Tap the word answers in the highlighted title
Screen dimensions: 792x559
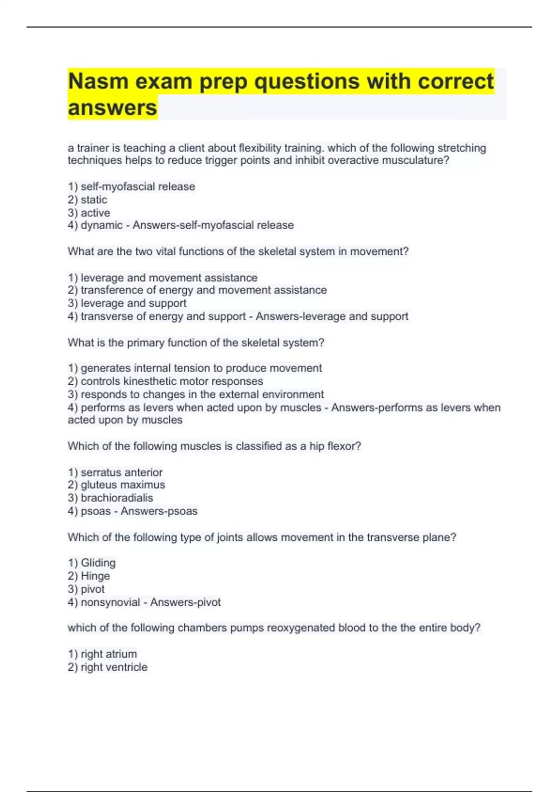[x=112, y=108]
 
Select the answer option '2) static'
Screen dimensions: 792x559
[x=88, y=200]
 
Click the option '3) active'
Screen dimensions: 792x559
[x=89, y=213]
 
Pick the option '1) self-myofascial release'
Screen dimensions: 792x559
[x=131, y=187]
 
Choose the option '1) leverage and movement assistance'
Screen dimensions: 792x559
[x=163, y=278]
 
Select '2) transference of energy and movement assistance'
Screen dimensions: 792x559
[x=197, y=290]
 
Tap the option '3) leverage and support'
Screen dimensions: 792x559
[x=127, y=303]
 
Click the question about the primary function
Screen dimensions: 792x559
[x=196, y=343]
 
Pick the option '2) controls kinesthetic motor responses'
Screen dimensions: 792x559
[x=165, y=381]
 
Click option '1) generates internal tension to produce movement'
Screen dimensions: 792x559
[x=195, y=368]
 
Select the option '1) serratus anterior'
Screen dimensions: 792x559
[x=115, y=472]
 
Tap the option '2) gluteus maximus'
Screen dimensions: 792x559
[x=116, y=485]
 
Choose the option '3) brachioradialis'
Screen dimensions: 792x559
[x=110, y=498]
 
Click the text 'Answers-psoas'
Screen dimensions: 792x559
[x=159, y=511]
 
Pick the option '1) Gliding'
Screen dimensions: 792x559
[x=92, y=563]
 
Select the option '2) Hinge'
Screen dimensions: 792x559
[x=89, y=576]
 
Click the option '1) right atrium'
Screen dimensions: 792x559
[x=102, y=654]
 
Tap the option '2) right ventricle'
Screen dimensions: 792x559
[x=108, y=667]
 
